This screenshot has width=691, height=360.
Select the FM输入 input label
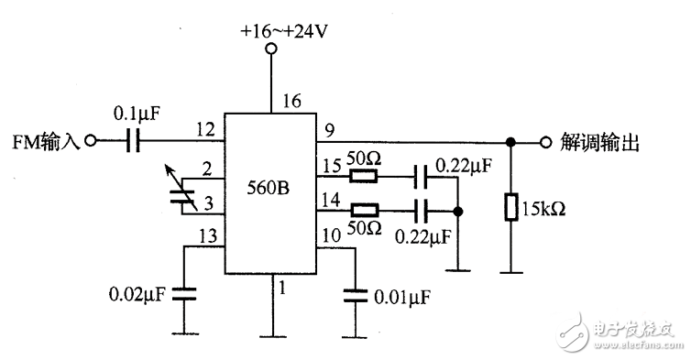44,142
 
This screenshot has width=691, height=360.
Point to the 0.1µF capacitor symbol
133,142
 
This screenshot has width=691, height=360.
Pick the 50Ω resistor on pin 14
365,209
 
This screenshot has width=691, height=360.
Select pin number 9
325,131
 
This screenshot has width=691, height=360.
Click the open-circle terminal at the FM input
90,142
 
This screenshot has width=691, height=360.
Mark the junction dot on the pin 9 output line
511,143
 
